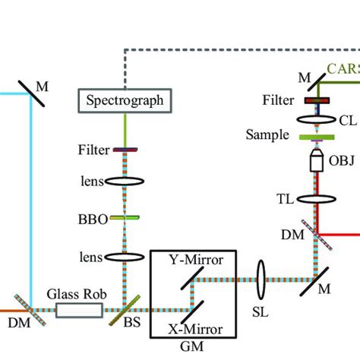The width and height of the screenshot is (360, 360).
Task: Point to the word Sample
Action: click(267, 135)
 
